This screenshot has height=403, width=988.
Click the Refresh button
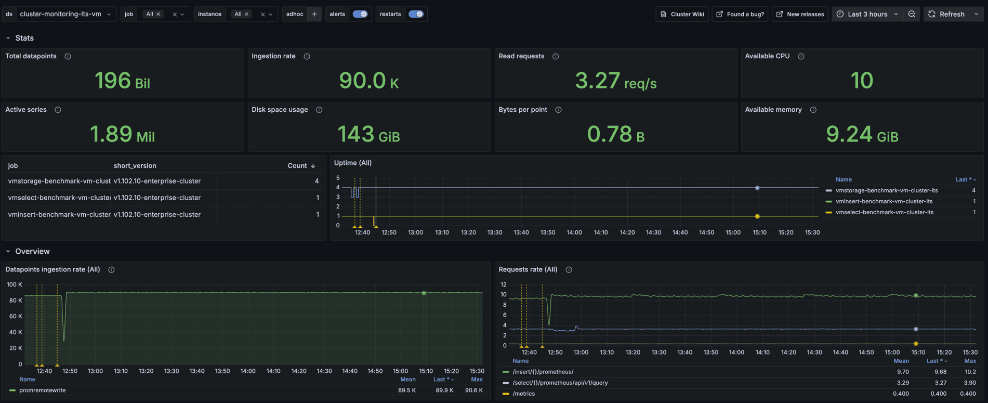pyautogui.click(x=947, y=14)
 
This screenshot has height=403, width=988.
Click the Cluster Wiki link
pyautogui.click(x=682, y=14)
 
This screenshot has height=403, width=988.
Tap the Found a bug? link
pyautogui.click(x=740, y=14)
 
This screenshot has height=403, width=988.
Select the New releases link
pyautogui.click(x=800, y=14)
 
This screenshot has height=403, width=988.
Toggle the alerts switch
pyautogui.click(x=360, y=14)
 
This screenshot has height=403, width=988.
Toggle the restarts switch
pyautogui.click(x=416, y=14)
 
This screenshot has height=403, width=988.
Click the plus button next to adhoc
pyautogui.click(x=314, y=14)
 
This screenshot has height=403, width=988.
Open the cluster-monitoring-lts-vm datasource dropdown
pyautogui.click(x=64, y=14)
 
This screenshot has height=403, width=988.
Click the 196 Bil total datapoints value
pyautogui.click(x=122, y=81)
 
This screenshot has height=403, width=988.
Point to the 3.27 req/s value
pyautogui.click(x=615, y=81)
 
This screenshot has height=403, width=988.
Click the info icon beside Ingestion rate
pyautogui.click(x=307, y=56)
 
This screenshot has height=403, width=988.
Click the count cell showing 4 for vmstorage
pyautogui.click(x=317, y=181)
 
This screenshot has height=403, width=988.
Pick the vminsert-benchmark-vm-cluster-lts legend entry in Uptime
pyautogui.click(x=884, y=201)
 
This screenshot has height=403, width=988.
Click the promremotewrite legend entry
pyautogui.click(x=42, y=390)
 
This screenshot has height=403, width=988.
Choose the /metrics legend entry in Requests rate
pyautogui.click(x=523, y=394)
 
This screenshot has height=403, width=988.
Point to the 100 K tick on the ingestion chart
pyautogui.click(x=14, y=284)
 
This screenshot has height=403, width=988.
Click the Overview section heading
pyautogui.click(x=32, y=251)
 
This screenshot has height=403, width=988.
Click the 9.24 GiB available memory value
pyautogui.click(x=862, y=135)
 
